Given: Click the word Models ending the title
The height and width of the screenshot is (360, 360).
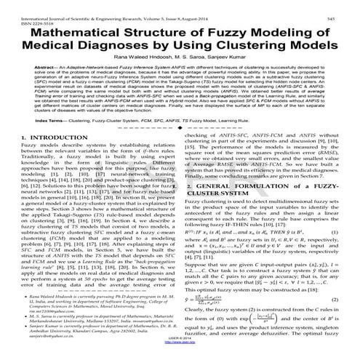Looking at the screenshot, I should click(313, 48).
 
